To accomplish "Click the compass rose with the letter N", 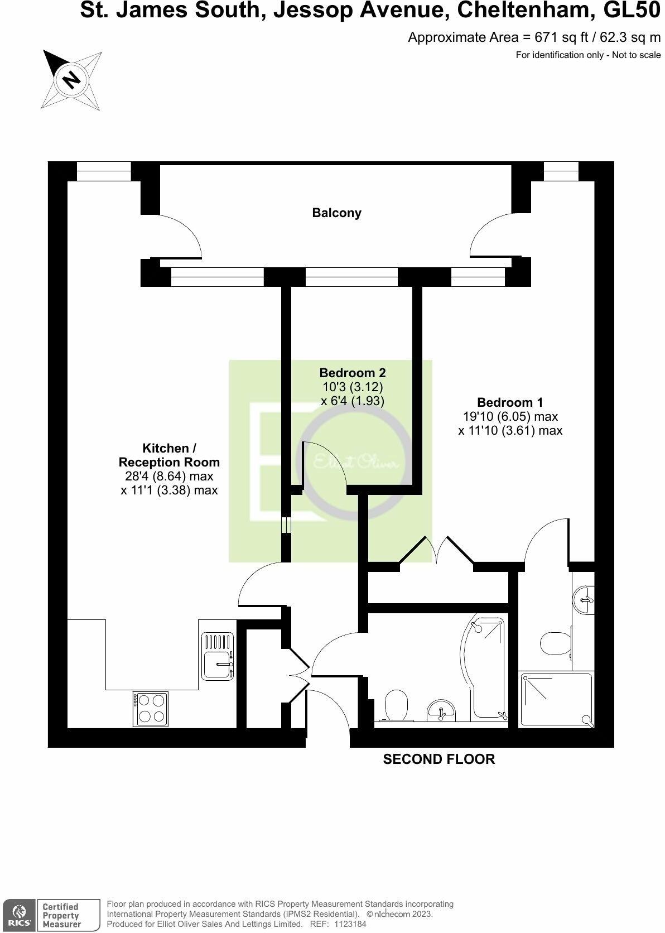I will point(72,79).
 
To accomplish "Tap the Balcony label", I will point(336,213).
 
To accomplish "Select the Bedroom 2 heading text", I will point(353,372).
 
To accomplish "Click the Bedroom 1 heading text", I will point(510,402).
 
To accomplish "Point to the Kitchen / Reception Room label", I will point(169,455).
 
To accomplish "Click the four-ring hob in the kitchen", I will point(151,709).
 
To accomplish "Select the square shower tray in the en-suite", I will point(556,700).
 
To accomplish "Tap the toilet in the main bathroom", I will point(397,705).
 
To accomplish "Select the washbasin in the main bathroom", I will point(441,711).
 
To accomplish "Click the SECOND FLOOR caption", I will point(438,759).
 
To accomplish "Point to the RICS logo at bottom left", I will point(18,916).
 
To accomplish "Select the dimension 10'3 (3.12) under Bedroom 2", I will point(352,386).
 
